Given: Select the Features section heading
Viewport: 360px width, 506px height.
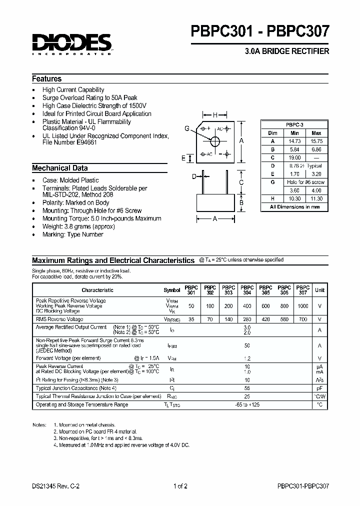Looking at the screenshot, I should click(x=47, y=79).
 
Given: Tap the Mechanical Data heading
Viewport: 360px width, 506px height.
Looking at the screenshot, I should click(x=59, y=168).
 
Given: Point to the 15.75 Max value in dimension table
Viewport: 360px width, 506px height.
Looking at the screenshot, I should click(x=316, y=141).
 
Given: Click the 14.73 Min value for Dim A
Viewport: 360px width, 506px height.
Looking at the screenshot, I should click(x=294, y=141).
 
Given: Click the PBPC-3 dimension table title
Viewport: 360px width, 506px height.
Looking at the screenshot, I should click(x=294, y=124).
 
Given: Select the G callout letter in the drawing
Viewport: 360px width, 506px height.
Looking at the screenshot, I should click(x=186, y=128).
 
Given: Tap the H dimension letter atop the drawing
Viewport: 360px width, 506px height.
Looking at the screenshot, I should click(x=215, y=115).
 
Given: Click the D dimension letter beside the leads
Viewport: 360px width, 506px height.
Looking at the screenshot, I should click(x=194, y=176).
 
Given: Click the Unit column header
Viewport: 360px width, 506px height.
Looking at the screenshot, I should click(x=319, y=290).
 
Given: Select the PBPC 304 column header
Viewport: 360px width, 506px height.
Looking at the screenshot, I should click(x=246, y=290).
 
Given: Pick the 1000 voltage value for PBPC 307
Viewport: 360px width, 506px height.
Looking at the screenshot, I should click(x=302, y=305).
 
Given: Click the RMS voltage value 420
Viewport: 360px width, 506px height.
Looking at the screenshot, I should click(x=265, y=319).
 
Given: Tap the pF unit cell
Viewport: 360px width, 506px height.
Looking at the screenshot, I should click(x=319, y=388).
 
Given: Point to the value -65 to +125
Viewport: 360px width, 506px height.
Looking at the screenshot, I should click(x=246, y=404).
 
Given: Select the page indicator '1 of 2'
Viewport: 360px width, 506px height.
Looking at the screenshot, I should click(x=180, y=485).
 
